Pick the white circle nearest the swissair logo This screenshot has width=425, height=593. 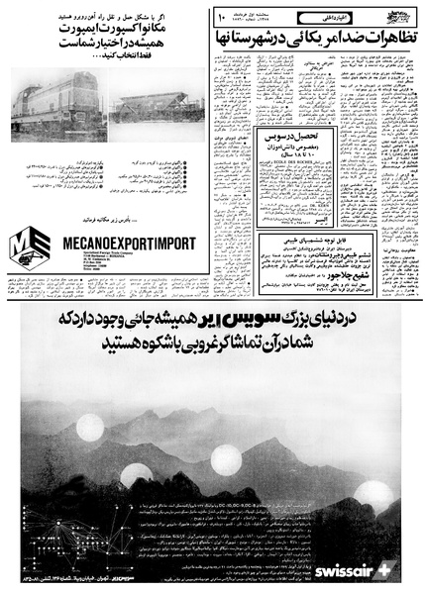372,495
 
